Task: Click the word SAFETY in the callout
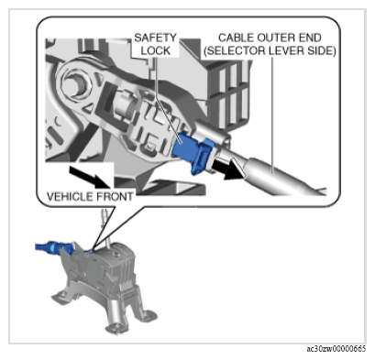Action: pos(156,38)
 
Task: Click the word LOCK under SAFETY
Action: pos(156,50)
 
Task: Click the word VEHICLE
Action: pos(71,196)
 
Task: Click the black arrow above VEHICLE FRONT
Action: pos(89,177)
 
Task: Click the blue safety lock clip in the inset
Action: pos(192,150)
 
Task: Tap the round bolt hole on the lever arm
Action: pos(76,84)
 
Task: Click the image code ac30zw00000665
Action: pos(336,349)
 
